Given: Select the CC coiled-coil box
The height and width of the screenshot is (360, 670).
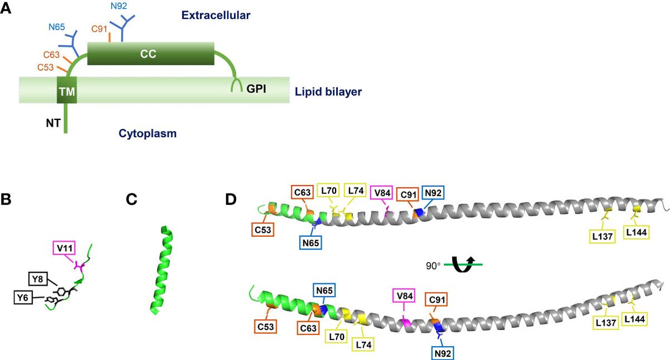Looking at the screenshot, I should [151, 54].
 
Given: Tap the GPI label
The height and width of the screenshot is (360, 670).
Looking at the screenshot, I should [258, 90].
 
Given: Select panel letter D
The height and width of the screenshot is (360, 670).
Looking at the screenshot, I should [231, 199].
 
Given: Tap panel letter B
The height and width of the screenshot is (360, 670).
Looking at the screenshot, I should [8, 199].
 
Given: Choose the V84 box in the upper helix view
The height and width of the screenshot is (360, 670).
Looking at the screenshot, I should [382, 191].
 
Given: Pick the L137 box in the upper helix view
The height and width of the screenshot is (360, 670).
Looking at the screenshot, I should [603, 237].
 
